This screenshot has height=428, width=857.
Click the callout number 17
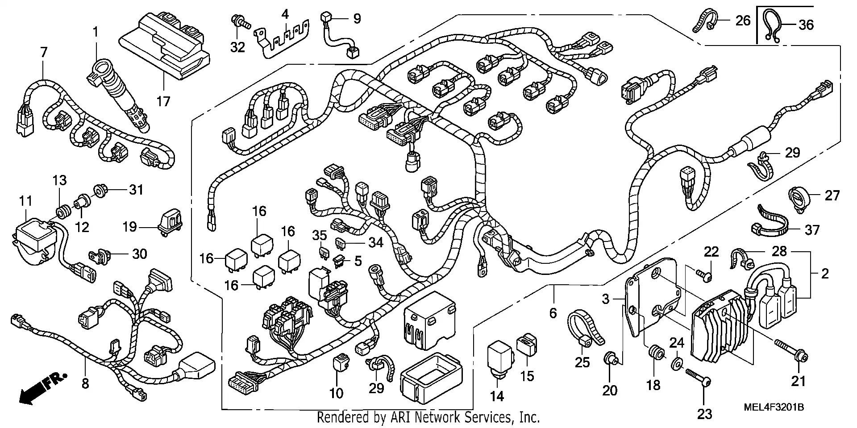163,101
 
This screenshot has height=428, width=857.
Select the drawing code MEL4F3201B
773,407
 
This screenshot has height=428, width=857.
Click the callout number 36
806,25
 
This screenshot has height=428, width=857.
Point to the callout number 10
336,393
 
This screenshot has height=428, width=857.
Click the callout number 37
812,230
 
